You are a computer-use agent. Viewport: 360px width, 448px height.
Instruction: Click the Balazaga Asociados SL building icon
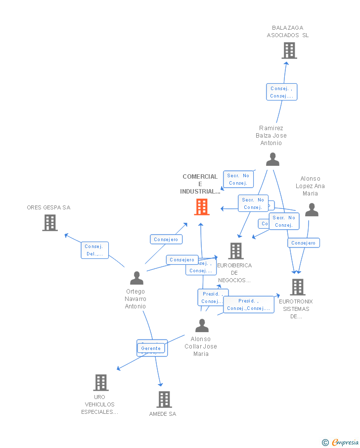[x=289, y=50]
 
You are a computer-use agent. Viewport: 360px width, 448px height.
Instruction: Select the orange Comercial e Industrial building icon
[x=202, y=207]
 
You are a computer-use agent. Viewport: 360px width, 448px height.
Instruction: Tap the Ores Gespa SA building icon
[x=49, y=223]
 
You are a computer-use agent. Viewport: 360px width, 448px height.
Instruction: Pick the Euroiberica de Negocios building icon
[x=236, y=251]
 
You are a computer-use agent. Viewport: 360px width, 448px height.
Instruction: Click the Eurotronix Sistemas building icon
[x=297, y=287]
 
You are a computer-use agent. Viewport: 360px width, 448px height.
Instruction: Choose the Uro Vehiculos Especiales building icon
[x=101, y=382]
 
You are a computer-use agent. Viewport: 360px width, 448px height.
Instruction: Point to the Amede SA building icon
[x=164, y=399]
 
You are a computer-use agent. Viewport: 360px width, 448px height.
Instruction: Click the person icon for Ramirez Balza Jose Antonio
[x=272, y=159]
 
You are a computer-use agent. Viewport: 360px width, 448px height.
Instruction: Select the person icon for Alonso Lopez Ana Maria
[x=312, y=210]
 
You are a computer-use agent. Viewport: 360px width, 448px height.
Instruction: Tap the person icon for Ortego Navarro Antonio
[x=136, y=278]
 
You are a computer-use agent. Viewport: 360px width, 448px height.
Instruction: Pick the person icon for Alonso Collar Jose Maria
[x=202, y=325]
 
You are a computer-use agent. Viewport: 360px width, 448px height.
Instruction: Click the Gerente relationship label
[x=151, y=348]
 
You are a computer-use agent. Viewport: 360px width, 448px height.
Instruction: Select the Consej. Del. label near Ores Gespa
[x=94, y=250]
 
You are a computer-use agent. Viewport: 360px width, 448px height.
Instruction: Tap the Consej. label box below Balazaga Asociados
[x=281, y=92]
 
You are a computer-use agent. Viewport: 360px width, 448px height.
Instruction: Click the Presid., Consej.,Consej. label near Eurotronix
[x=248, y=304]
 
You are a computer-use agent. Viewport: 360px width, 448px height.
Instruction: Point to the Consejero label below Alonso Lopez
[x=304, y=243]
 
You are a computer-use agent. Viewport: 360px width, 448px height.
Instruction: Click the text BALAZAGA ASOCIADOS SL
[x=288, y=32]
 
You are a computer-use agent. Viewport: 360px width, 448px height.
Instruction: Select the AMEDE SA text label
[x=163, y=414]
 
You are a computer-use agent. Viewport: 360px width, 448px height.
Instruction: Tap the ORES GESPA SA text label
[x=48, y=207]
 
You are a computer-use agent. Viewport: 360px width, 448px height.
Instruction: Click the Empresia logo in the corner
[x=341, y=442]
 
